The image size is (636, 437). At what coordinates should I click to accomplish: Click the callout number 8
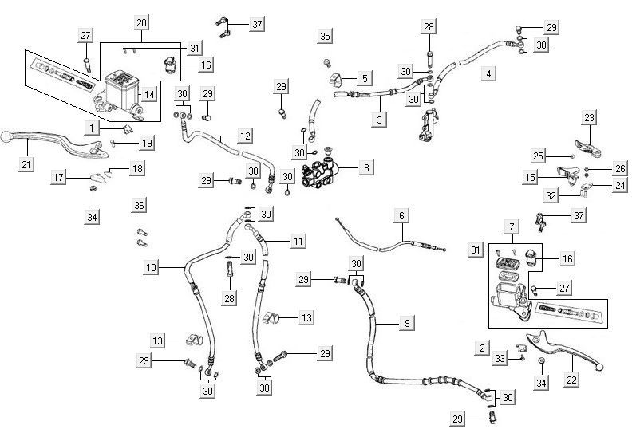coord(366,168)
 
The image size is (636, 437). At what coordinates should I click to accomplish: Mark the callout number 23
coord(590,118)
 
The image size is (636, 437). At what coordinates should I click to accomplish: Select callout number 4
coord(488,73)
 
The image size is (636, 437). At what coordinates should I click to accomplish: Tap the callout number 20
coord(141,22)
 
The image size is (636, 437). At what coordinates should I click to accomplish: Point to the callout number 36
coord(140,206)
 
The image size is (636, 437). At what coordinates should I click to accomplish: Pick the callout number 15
coord(531,175)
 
